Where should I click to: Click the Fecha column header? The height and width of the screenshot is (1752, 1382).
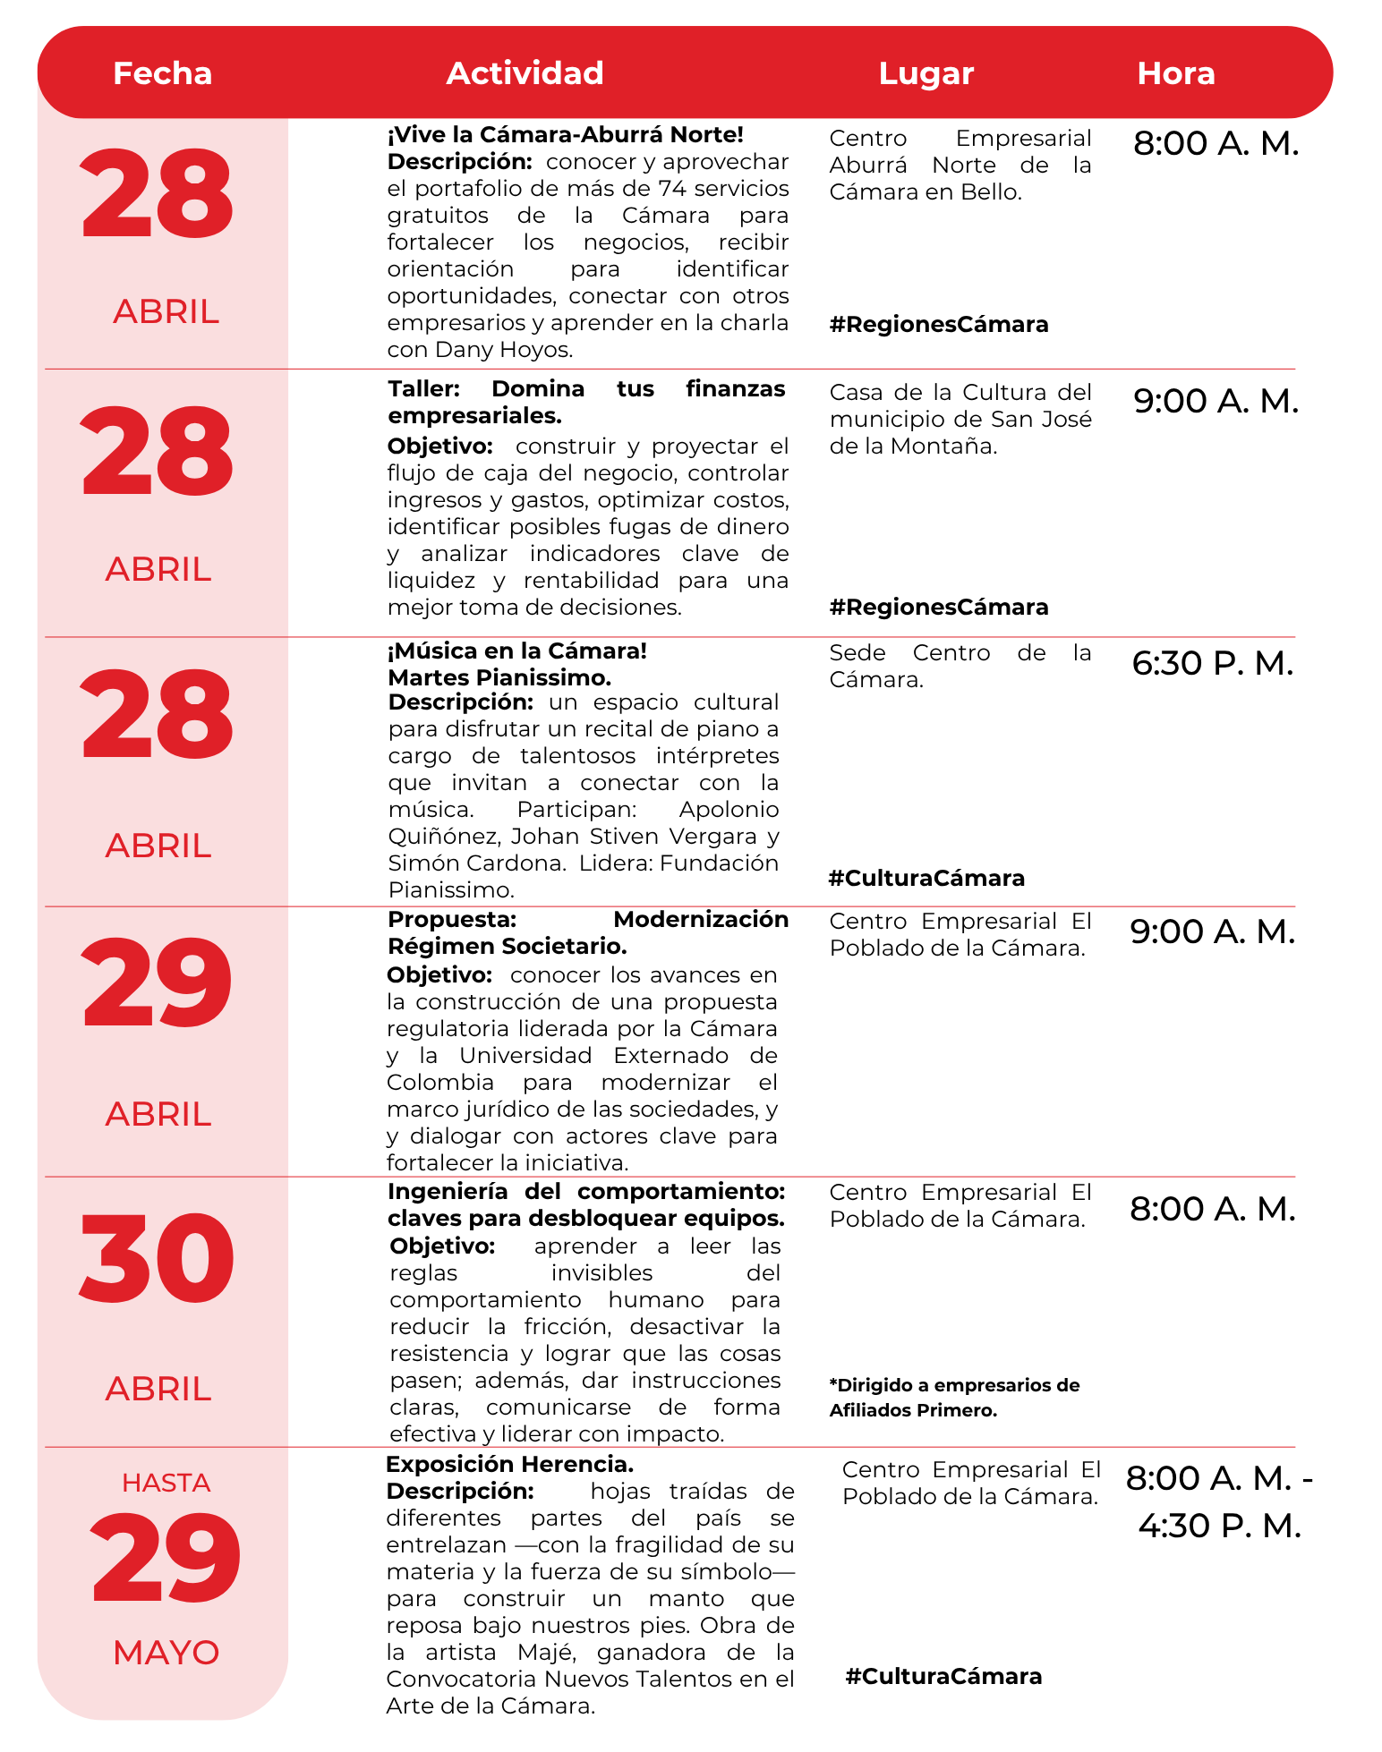click(x=162, y=73)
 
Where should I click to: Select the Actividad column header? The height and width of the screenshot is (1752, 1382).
click(x=525, y=73)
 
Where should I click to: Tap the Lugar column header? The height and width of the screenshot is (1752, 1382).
click(x=926, y=73)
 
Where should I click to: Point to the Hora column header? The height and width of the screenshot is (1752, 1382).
click(x=1175, y=73)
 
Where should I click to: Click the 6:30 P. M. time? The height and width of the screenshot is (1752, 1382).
click(x=1212, y=663)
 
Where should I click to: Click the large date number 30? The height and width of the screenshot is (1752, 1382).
click(x=158, y=1258)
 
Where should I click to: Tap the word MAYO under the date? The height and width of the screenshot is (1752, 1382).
click(x=166, y=1653)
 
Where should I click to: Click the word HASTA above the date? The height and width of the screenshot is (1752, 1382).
click(x=166, y=1483)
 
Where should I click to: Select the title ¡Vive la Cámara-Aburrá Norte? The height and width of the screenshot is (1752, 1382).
click(x=565, y=135)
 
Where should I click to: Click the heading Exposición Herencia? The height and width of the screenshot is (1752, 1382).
click(x=509, y=1464)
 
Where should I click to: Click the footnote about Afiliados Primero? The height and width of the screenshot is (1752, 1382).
click(x=954, y=1398)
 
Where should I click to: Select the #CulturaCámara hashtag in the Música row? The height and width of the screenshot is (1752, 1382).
click(x=926, y=878)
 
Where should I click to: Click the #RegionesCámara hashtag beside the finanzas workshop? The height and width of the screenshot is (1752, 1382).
click(x=939, y=607)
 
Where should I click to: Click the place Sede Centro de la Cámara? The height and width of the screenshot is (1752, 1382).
click(x=960, y=666)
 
